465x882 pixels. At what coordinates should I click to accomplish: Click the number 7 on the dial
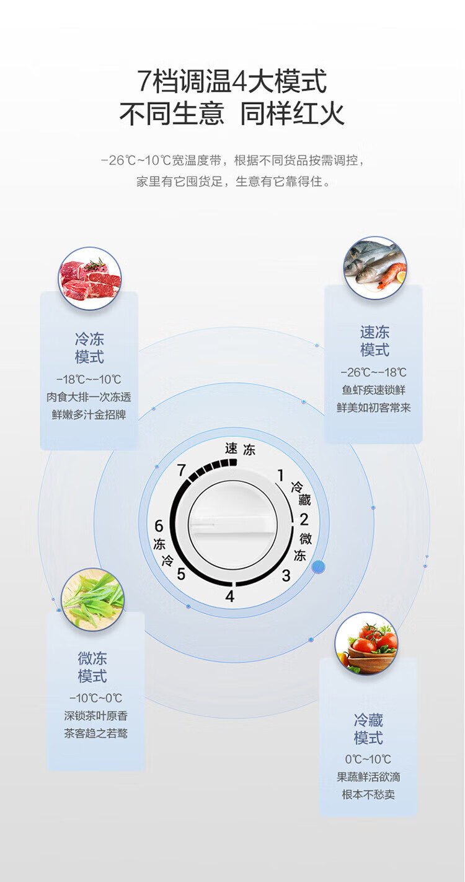click(181, 471)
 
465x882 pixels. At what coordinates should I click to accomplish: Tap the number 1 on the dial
click(280, 476)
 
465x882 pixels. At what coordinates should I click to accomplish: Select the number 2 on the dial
click(304, 519)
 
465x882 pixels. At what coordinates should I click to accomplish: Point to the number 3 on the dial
click(286, 575)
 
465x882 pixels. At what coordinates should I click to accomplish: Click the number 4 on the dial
click(230, 597)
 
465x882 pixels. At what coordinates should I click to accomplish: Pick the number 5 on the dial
click(181, 574)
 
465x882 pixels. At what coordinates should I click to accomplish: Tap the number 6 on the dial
click(159, 526)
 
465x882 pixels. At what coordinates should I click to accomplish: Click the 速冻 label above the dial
click(240, 449)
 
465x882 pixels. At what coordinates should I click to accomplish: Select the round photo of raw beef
click(90, 278)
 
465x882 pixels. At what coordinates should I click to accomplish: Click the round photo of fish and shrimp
click(375, 268)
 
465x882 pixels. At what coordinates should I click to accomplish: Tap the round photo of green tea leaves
click(93, 599)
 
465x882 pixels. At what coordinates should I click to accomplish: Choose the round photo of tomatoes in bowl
click(366, 644)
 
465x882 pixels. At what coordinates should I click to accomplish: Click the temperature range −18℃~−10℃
click(89, 380)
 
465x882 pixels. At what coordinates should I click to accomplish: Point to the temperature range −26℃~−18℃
click(374, 372)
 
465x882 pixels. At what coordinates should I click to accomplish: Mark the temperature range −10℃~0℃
click(95, 698)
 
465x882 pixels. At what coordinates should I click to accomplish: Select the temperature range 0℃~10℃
click(368, 759)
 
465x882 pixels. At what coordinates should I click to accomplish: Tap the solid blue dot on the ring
click(319, 566)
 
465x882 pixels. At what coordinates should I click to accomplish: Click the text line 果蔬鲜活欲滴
click(368, 777)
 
